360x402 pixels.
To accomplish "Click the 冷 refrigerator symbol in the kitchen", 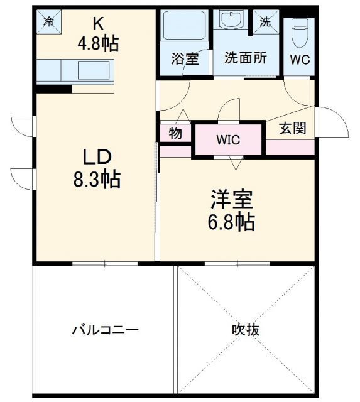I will tap(48, 21).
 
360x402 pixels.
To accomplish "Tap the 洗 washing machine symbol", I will tap(265, 21).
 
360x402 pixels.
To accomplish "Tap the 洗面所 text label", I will tap(246, 57).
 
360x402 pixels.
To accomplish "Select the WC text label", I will tap(299, 60).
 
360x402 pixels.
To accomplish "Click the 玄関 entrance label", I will tap(293, 128).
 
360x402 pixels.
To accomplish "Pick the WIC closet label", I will tap(228, 140).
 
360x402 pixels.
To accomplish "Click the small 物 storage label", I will tap(175, 133).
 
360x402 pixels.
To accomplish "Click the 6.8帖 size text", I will tap(231, 223).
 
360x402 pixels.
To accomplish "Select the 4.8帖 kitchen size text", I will tap(99, 43).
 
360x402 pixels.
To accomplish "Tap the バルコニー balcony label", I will tap(105, 330).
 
